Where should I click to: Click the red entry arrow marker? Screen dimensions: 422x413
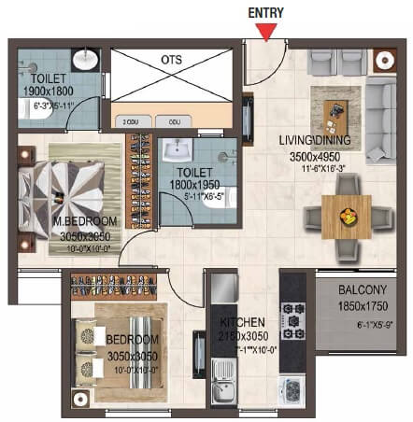pos(268,33)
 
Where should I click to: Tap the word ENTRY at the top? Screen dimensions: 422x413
pos(268,12)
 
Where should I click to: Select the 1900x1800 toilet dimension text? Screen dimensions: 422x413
pos(48,91)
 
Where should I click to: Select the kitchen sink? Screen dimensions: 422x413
pos(224,382)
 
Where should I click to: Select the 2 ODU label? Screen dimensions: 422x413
pos(130,121)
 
